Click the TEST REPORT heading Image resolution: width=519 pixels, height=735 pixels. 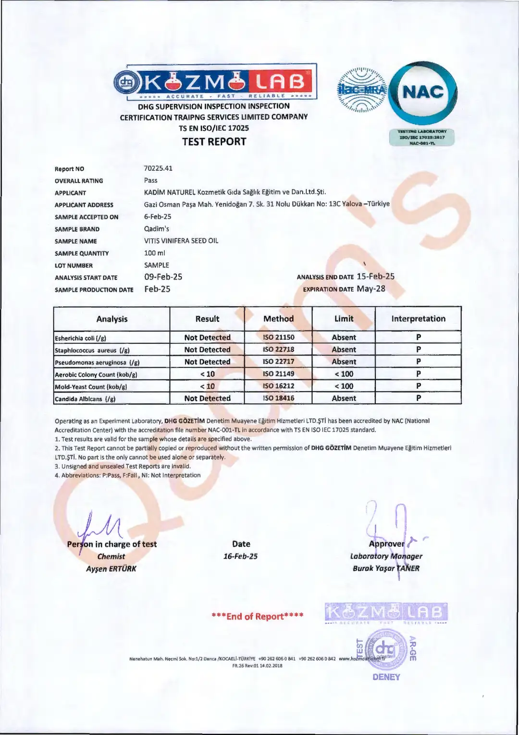214,141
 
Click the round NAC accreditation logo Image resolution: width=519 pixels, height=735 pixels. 423,92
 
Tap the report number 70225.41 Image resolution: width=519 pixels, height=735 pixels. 158,168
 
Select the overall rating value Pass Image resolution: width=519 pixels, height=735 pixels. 150,180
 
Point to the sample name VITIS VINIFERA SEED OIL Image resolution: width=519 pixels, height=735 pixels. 181,241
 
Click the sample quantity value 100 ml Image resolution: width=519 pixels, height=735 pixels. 154,253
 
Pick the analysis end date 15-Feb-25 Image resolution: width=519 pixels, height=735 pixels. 375,277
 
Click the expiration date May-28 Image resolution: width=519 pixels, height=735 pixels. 371,289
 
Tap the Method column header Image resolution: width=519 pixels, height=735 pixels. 278,318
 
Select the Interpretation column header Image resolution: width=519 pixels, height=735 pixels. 418,318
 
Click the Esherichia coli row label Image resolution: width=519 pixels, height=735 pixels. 81,338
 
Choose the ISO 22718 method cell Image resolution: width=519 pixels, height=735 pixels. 278,350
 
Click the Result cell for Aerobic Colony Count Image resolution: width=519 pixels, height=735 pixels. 207,374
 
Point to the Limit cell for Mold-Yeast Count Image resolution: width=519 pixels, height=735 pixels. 344,386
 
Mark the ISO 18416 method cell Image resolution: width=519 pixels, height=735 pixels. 278,398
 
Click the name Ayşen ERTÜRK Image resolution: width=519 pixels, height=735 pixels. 111,569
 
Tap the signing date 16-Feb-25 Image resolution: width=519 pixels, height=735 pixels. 240,557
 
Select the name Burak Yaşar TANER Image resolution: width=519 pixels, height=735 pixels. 386,568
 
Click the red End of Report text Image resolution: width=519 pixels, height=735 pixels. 258,616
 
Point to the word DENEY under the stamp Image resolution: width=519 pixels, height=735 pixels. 386,677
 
